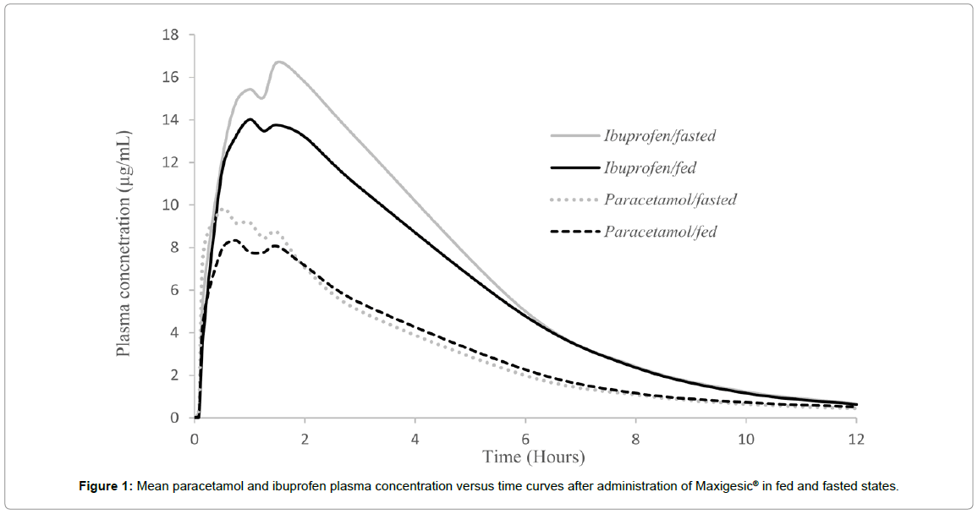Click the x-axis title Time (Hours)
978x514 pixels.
pos(533,457)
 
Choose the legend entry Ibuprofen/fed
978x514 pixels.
pos(650,167)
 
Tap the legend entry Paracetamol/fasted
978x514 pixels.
pos(670,200)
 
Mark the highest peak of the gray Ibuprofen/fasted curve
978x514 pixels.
pos(278,62)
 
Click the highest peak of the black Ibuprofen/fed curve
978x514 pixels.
pos(250,119)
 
